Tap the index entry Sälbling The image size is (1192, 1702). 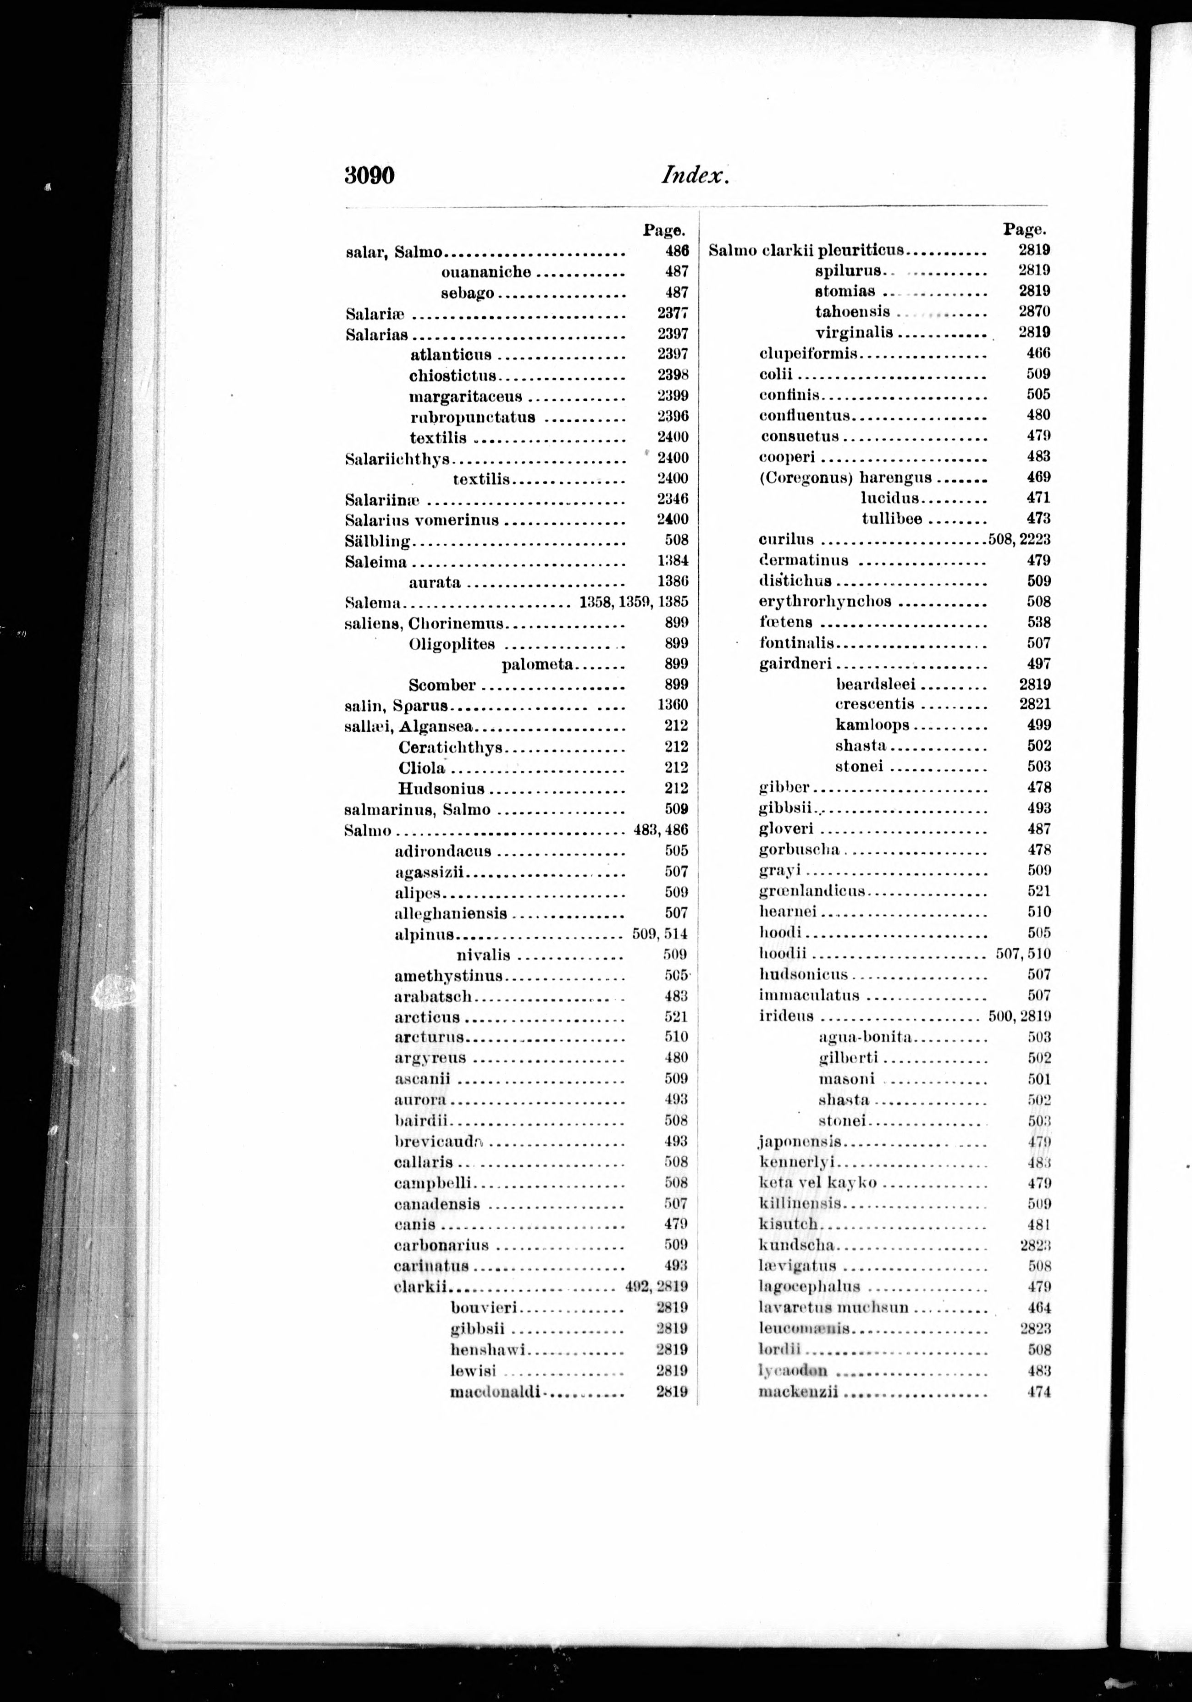pos(378,541)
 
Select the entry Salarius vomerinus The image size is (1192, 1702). pos(422,519)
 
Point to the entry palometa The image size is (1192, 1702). pos(537,664)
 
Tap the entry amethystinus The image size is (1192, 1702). pos(448,976)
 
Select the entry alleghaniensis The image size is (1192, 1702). pos(451,913)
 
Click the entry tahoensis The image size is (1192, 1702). pos(852,312)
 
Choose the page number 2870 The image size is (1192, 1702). pos(1034,312)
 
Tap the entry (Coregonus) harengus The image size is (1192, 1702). pos(845,477)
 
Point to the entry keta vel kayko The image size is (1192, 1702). pos(817,1183)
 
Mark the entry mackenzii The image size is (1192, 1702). pos(798,1392)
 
